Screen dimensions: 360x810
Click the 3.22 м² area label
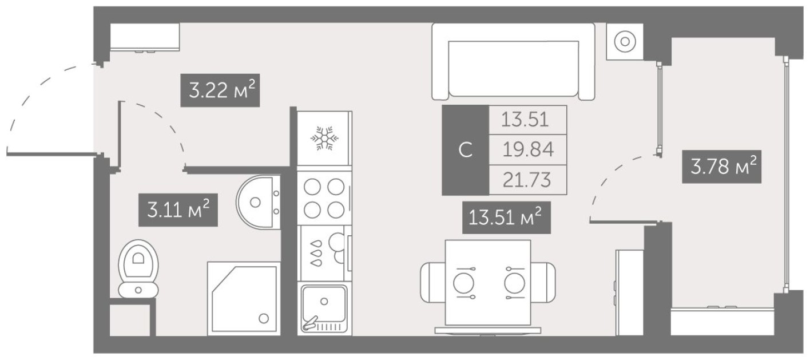click(221, 90)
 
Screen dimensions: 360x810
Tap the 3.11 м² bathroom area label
click(177, 210)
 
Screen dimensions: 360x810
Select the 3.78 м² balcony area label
click(722, 167)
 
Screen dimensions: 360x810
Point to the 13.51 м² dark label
click(506, 218)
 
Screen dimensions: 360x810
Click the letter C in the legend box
click(466, 151)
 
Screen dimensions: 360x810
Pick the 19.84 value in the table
click(526, 150)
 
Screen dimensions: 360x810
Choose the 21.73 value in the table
click(526, 180)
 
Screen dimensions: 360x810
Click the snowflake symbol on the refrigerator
click(324, 139)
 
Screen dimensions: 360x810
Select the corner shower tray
click(244, 298)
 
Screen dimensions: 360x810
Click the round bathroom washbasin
click(259, 201)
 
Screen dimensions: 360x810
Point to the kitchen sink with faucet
click(324, 309)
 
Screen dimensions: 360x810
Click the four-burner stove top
click(324, 197)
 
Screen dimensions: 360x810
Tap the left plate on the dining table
click(463, 282)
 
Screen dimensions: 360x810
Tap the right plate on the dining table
click(513, 282)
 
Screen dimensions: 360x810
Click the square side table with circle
click(625, 41)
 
